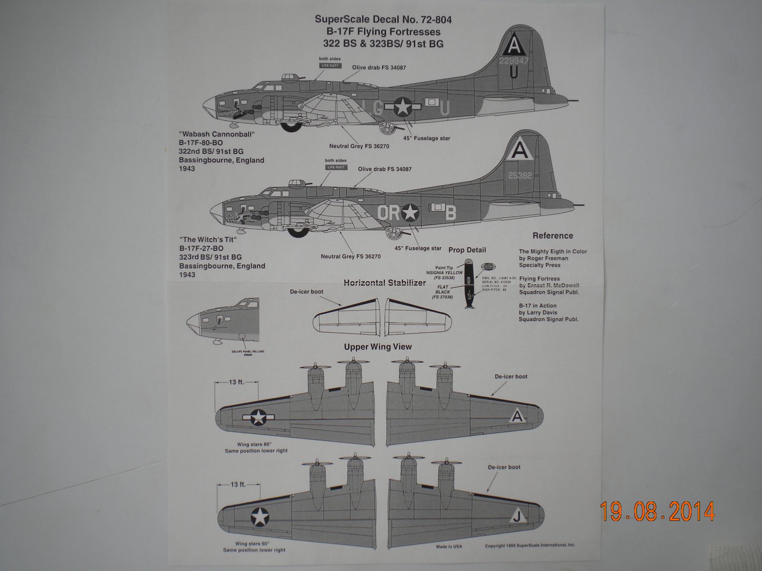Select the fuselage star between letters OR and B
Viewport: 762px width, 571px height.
[x=410, y=213]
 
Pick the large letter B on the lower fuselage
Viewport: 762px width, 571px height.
[x=451, y=214]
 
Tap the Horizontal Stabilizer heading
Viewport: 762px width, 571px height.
[x=384, y=283]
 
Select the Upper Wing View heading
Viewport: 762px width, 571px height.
[x=378, y=347]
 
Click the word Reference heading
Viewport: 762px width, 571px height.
[x=552, y=236]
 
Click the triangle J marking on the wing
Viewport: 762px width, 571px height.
[x=516, y=518]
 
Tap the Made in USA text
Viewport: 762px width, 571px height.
[x=449, y=547]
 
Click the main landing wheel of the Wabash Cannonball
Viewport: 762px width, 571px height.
[x=288, y=127]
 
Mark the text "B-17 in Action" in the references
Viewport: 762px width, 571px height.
[x=538, y=306]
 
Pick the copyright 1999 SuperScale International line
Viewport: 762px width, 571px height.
[x=530, y=546]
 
